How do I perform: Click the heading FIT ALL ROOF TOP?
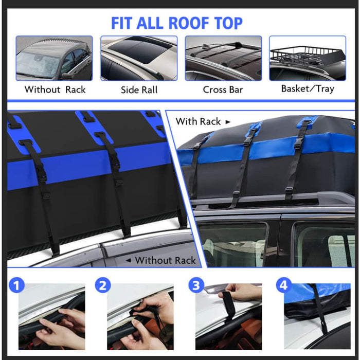[x=176, y=23]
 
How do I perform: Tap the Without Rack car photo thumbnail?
[x=54, y=58]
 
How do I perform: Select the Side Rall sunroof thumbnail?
[x=139, y=58]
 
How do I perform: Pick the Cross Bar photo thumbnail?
[x=223, y=58]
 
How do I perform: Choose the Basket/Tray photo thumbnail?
[x=308, y=58]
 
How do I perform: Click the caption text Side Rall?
[x=139, y=89]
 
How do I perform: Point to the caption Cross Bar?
[x=223, y=89]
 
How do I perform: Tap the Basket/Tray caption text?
[x=308, y=88]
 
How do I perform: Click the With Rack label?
[x=199, y=121]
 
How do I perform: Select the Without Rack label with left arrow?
[x=160, y=260]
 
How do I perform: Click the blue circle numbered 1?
[x=18, y=285]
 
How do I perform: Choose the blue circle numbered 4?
[x=283, y=285]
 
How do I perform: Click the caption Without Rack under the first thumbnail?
[x=55, y=89]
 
